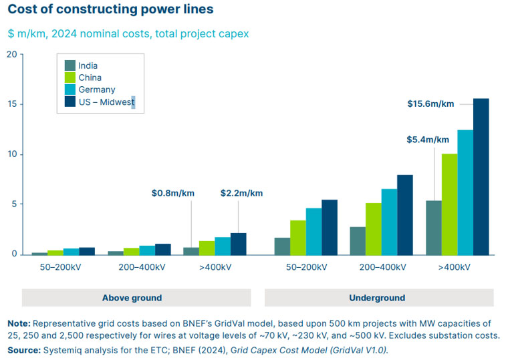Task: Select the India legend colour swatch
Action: click(70, 65)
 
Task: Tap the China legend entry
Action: click(90, 77)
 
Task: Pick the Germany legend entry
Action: click(96, 89)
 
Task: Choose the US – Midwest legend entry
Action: click(106, 102)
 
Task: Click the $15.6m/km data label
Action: click(430, 104)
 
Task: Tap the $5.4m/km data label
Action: click(428, 140)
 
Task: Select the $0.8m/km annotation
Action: click(172, 193)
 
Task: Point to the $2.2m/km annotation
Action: click(241, 193)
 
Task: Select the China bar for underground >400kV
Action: click(449, 204)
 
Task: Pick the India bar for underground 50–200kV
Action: click(282, 246)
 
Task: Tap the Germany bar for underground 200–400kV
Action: click(389, 222)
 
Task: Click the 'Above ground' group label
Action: click(132, 298)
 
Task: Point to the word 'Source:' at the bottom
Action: click(23, 350)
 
